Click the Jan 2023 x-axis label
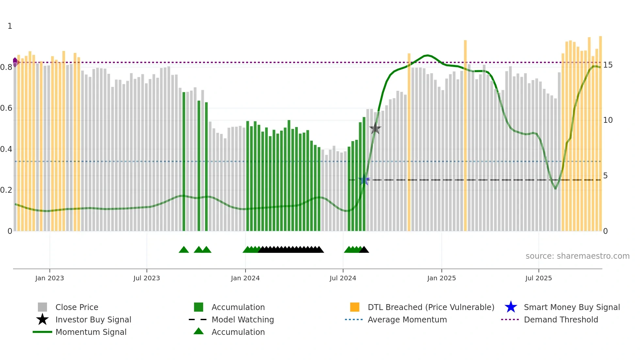(50, 278)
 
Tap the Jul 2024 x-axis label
(343, 278)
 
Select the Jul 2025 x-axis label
(538, 278)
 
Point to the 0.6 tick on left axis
(6, 108)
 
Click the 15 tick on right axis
(608, 65)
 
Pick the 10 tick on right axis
(608, 120)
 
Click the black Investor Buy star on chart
(375, 128)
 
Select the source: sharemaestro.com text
(577, 256)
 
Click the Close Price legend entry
(77, 307)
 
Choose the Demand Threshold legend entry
(561, 319)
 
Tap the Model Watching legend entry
(243, 319)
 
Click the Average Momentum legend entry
(407, 319)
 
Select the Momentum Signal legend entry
(91, 332)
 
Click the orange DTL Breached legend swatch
(355, 307)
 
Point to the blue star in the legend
(511, 307)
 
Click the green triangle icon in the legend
(199, 331)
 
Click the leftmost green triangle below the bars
(184, 250)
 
